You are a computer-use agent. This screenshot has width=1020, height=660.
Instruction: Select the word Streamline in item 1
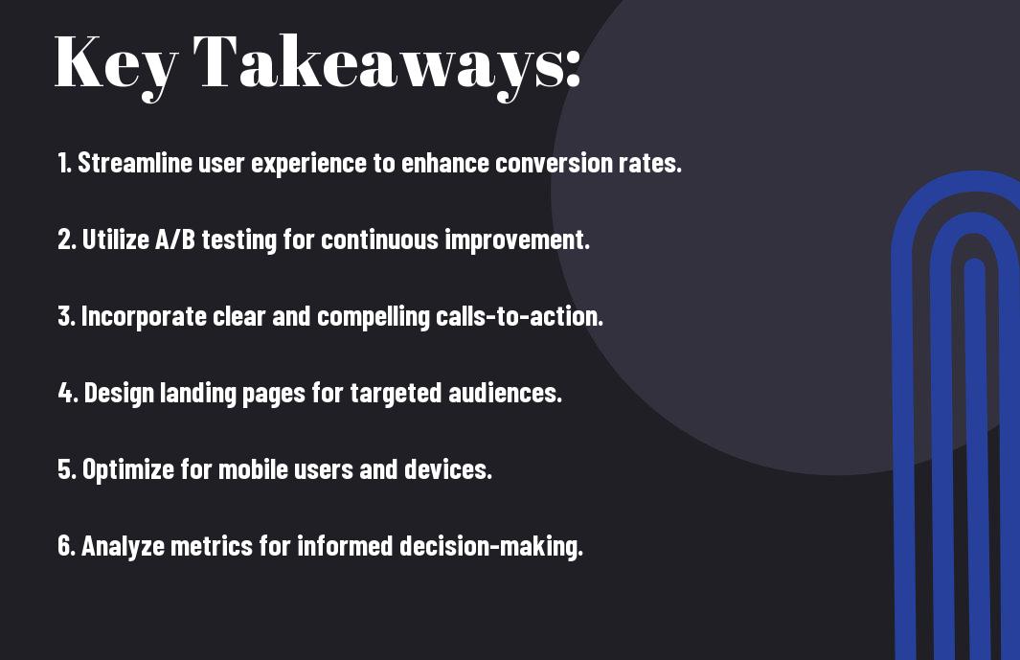point(135,163)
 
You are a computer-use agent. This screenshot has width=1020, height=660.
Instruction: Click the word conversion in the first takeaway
point(554,163)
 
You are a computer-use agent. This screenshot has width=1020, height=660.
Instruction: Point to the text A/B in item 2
point(175,239)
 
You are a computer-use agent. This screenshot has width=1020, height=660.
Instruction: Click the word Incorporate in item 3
point(144,316)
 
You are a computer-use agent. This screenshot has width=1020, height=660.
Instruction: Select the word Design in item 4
point(119,393)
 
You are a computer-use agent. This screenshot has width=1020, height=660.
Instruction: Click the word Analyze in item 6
point(123,546)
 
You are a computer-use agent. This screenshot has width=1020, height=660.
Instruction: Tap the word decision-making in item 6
point(491,546)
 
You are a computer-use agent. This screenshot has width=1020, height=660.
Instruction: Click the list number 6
point(67,546)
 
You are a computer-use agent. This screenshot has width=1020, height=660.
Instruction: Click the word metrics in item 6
point(211,546)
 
